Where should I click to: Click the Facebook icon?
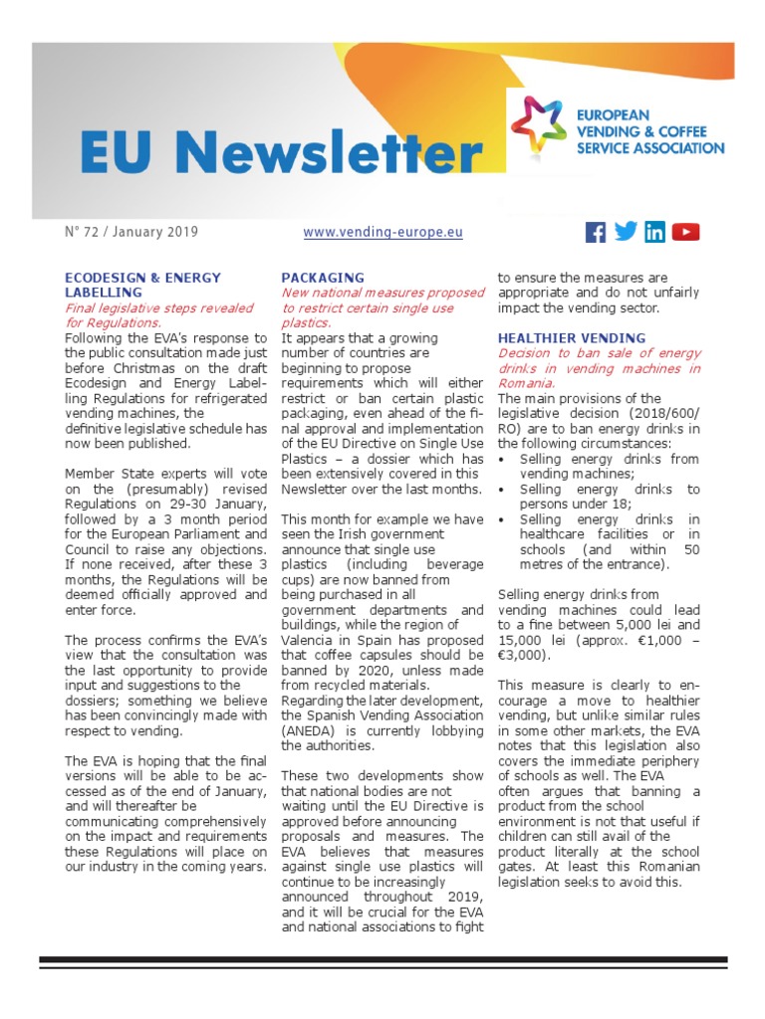pos(596,232)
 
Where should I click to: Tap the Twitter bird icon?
pos(626,231)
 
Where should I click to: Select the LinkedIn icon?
pos(654,232)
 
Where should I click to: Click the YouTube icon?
pos(685,232)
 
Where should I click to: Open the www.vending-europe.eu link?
pos(382,232)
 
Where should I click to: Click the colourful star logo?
pos(539,128)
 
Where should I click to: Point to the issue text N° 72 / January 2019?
pos(131,232)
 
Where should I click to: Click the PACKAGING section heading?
pos(323,278)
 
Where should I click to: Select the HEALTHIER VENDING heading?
pos(572,338)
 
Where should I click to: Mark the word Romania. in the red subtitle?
pos(528,383)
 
